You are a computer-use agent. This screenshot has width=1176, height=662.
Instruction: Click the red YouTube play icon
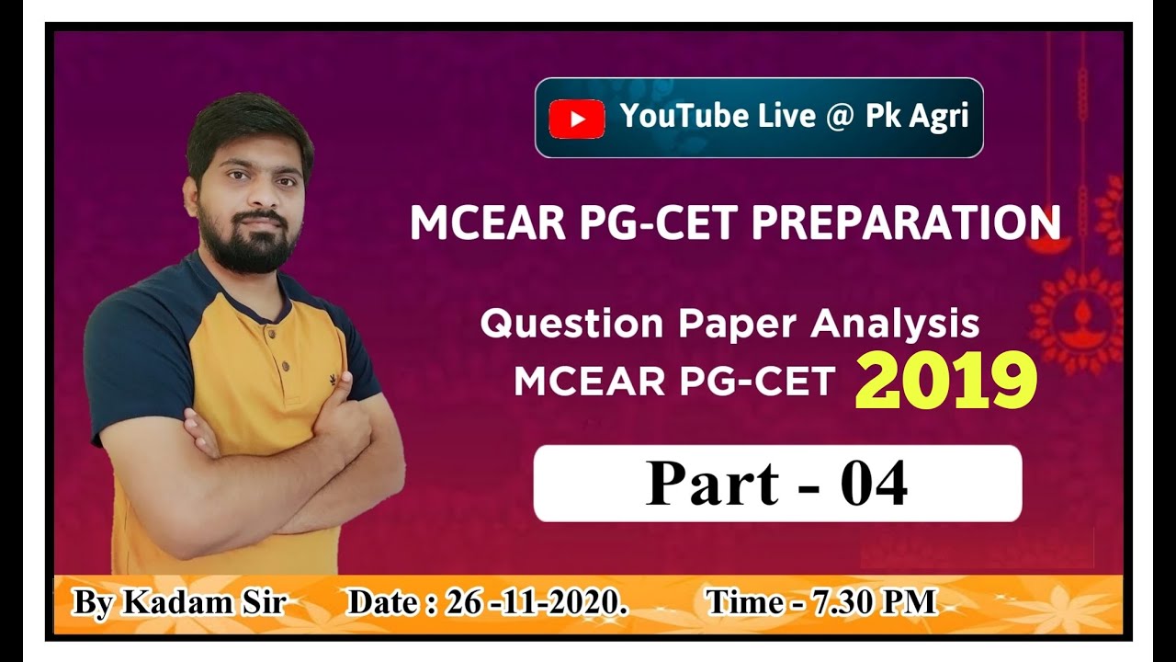tap(576, 119)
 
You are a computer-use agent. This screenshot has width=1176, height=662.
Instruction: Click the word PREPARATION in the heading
tap(907, 223)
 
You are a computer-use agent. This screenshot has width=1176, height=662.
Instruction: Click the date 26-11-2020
tap(531, 602)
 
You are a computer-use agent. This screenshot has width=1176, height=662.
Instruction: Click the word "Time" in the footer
tap(741, 602)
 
